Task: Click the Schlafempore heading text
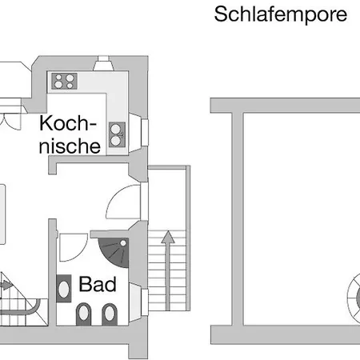pos(281,15)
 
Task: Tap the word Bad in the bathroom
pos(98,284)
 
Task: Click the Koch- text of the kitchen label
pos(68,123)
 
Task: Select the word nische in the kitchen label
pos(70,146)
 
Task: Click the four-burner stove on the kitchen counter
pos(64,81)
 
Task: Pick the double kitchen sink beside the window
pos(117,134)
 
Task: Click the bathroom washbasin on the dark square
pos(64,289)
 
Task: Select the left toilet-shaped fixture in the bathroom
pos(83,314)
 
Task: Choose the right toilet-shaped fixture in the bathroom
pos(110,314)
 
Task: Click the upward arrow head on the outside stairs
pos(168,237)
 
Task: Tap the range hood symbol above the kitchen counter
pos(103,63)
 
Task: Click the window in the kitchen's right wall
pos(145,133)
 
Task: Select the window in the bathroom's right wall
pos(145,302)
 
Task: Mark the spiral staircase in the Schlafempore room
pos(354,298)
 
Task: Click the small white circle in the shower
pos(123,243)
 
